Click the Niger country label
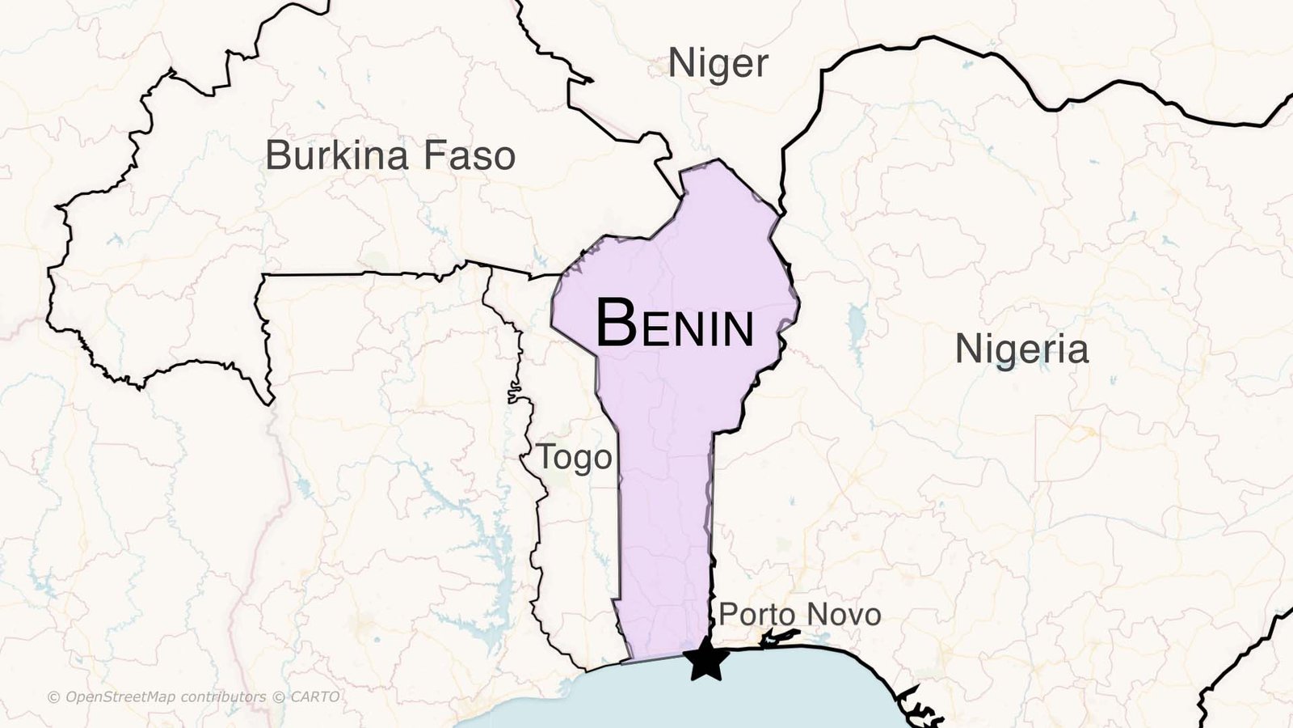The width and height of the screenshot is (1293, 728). pyautogui.click(x=718, y=64)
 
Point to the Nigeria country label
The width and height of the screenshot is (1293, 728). pyautogui.click(x=1021, y=349)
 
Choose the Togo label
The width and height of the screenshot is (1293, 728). pyautogui.click(x=575, y=458)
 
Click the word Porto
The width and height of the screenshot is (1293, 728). pyautogui.click(x=752, y=615)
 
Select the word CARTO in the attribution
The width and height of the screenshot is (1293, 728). pyautogui.click(x=315, y=697)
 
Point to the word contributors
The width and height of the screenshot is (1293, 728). pyautogui.click(x=222, y=697)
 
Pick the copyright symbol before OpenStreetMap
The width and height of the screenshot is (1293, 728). pyautogui.click(x=54, y=697)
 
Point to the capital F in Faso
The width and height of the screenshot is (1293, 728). pyautogui.click(x=434, y=155)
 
